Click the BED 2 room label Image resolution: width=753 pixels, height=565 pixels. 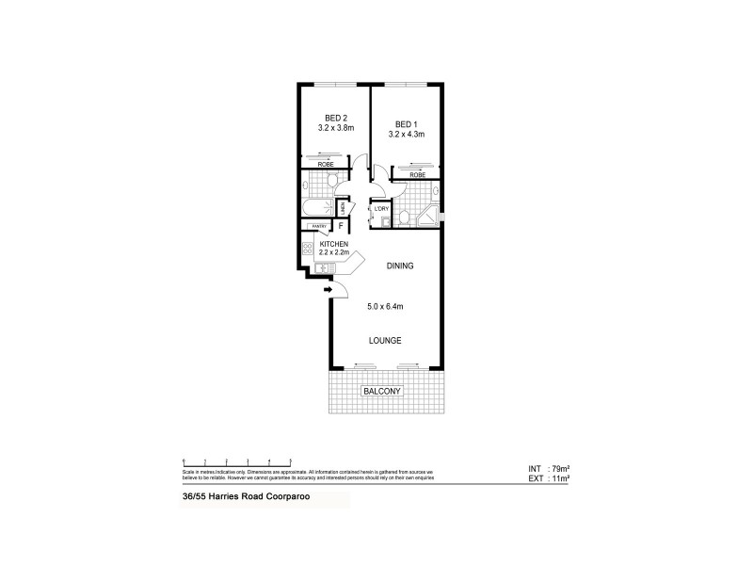325,119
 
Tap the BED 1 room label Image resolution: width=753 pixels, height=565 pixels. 406,124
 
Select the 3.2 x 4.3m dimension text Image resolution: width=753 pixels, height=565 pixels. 406,136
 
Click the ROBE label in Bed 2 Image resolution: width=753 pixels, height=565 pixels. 325,165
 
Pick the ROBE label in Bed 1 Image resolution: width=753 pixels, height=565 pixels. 416,174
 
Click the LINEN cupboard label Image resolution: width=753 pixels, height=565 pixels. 344,207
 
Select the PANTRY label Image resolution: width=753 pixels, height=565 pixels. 319,226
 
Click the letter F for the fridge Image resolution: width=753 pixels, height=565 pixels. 342,226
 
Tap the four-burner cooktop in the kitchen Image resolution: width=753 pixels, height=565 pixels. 307,250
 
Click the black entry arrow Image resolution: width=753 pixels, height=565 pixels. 328,289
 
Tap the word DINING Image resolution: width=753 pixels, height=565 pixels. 400,266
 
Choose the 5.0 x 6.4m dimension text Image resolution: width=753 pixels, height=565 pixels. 385,306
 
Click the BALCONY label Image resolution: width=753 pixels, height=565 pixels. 382,391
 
